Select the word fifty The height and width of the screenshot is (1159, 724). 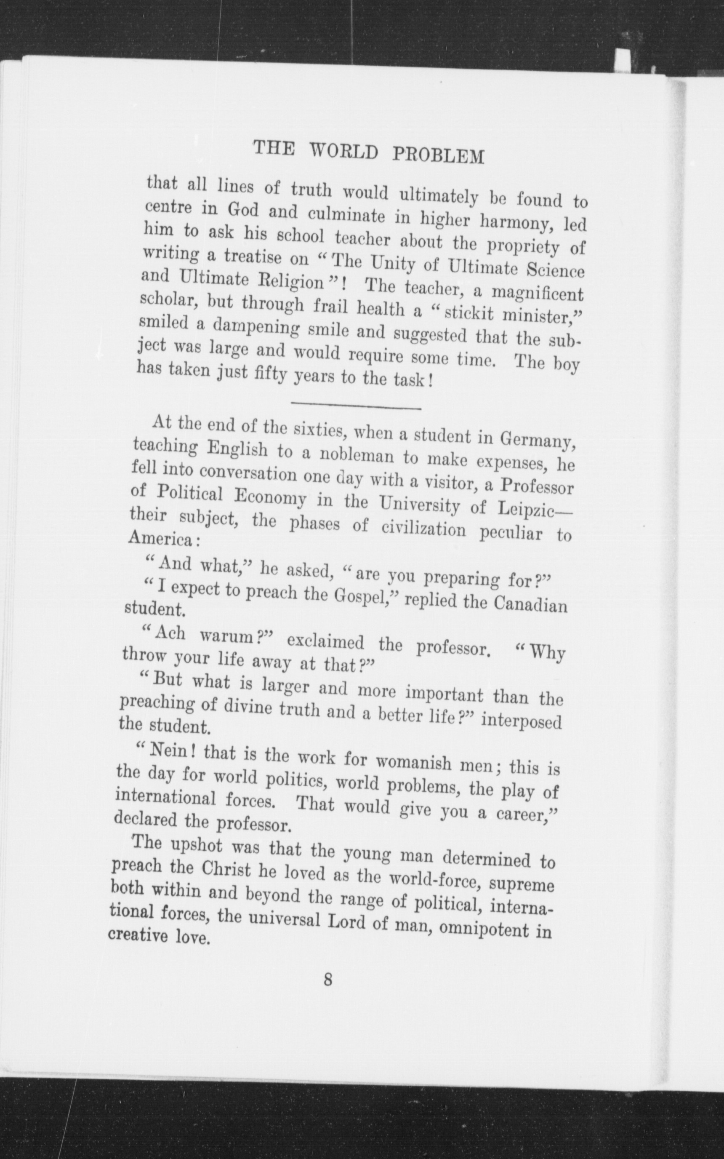pos(271,377)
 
